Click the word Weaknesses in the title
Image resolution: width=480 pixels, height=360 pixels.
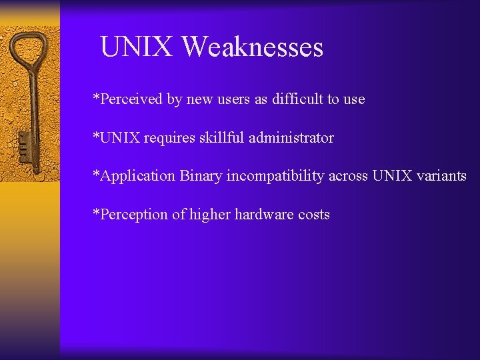[x=252, y=47]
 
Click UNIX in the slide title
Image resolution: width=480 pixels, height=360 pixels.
[x=137, y=47]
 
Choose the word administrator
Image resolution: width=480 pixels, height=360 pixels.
[x=291, y=138]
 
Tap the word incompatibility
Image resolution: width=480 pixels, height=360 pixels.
[x=275, y=176]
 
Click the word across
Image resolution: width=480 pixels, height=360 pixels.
[x=348, y=176]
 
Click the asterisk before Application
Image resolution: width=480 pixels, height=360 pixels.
[x=96, y=175]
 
